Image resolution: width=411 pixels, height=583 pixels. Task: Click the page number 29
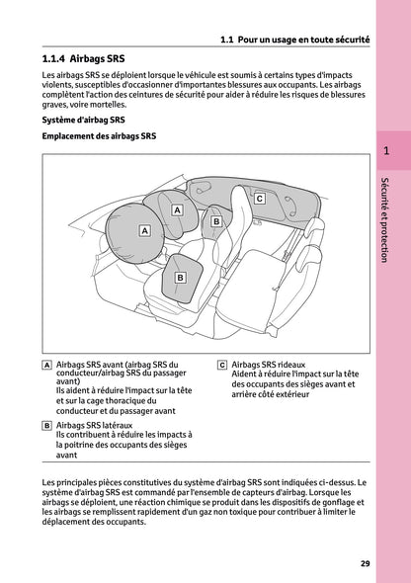tap(365, 563)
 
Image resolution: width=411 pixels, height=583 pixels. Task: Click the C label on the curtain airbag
tap(259, 198)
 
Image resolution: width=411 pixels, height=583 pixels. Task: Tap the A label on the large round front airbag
tap(144, 230)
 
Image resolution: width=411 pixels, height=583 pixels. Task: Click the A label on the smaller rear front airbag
tap(177, 210)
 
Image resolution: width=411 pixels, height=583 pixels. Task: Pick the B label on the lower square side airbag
tap(180, 278)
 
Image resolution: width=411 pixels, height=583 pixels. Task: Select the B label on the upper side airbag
tap(215, 222)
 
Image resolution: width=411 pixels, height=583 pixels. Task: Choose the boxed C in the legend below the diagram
tap(222, 365)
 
